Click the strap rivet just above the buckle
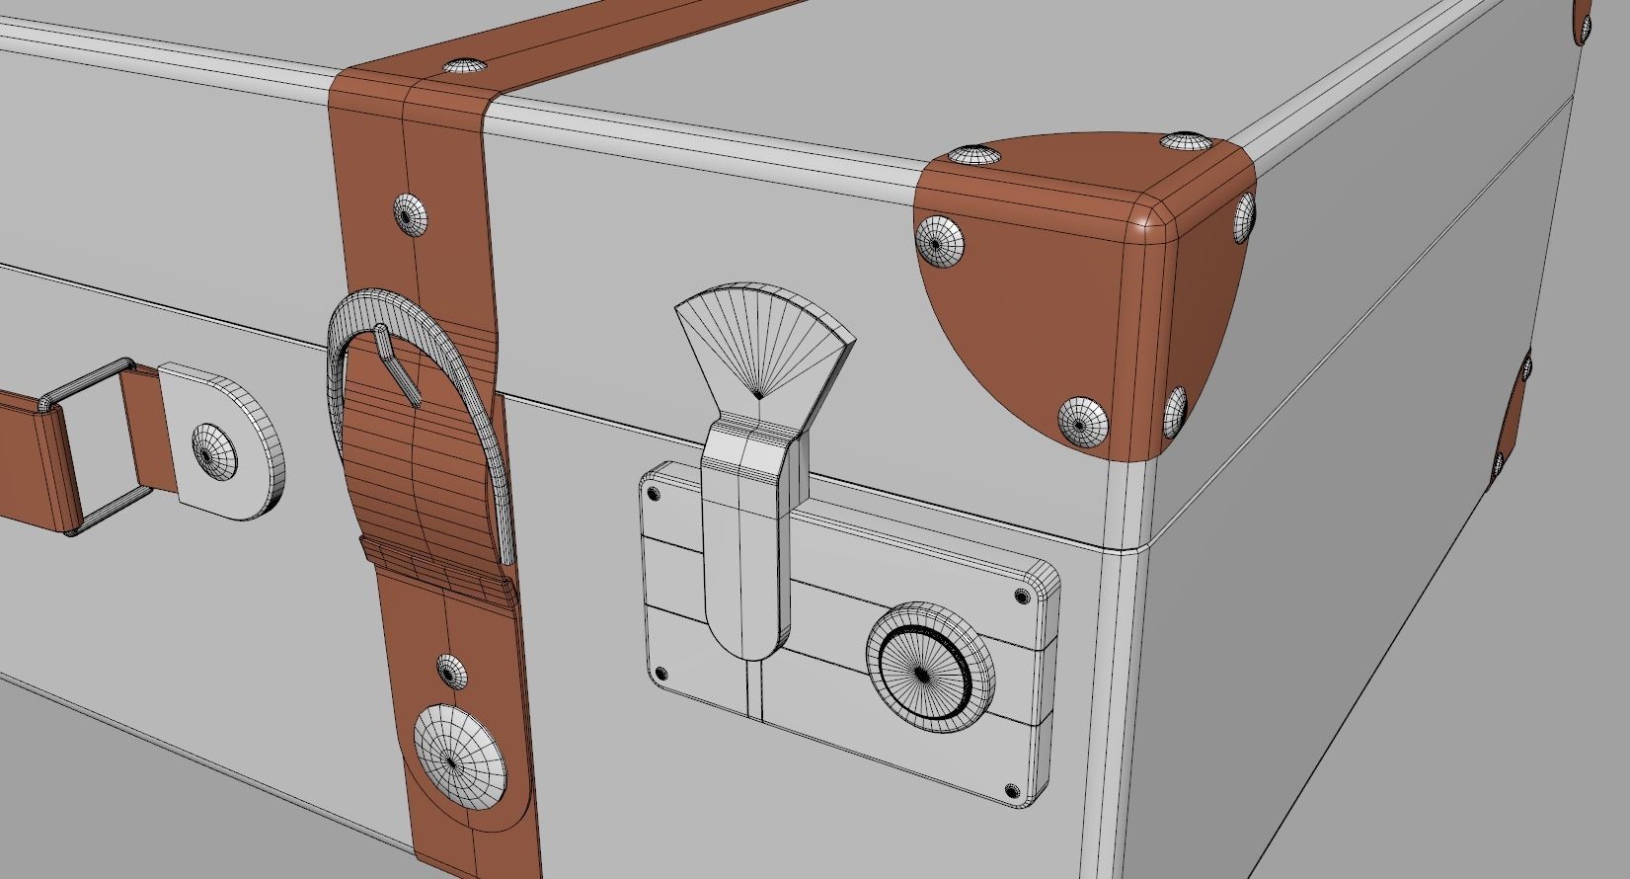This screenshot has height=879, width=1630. [414, 214]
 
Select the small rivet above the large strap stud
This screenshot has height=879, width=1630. [450, 672]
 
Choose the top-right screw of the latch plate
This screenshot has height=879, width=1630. [1021, 596]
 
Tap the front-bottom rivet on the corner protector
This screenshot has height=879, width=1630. [1082, 422]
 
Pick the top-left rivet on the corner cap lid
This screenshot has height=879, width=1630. [973, 155]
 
